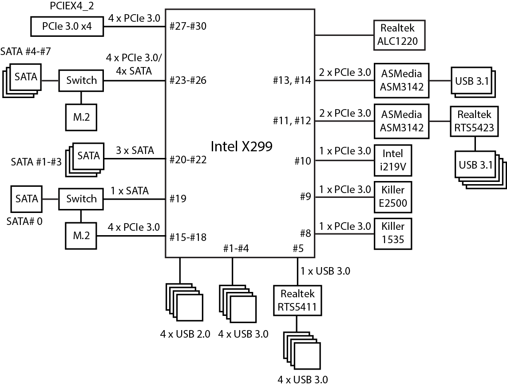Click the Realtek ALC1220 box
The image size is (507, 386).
398,35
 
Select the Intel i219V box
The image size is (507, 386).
392,160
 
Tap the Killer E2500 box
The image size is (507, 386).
392,197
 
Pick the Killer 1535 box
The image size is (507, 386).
392,233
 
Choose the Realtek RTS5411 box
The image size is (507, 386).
297,300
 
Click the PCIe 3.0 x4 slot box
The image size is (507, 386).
67,26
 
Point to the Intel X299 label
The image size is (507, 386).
241,146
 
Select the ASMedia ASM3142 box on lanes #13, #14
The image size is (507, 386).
401,80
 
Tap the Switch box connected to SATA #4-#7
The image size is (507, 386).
81,81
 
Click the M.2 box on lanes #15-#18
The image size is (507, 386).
81,236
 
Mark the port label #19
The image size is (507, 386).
178,198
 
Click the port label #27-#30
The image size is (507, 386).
188,26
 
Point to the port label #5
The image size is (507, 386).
298,248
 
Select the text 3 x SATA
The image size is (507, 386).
135,150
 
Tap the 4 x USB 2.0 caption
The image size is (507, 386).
185,334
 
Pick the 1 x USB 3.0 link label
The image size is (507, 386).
325,271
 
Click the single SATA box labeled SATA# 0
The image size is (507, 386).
27,199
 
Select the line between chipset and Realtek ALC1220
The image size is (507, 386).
345,35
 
